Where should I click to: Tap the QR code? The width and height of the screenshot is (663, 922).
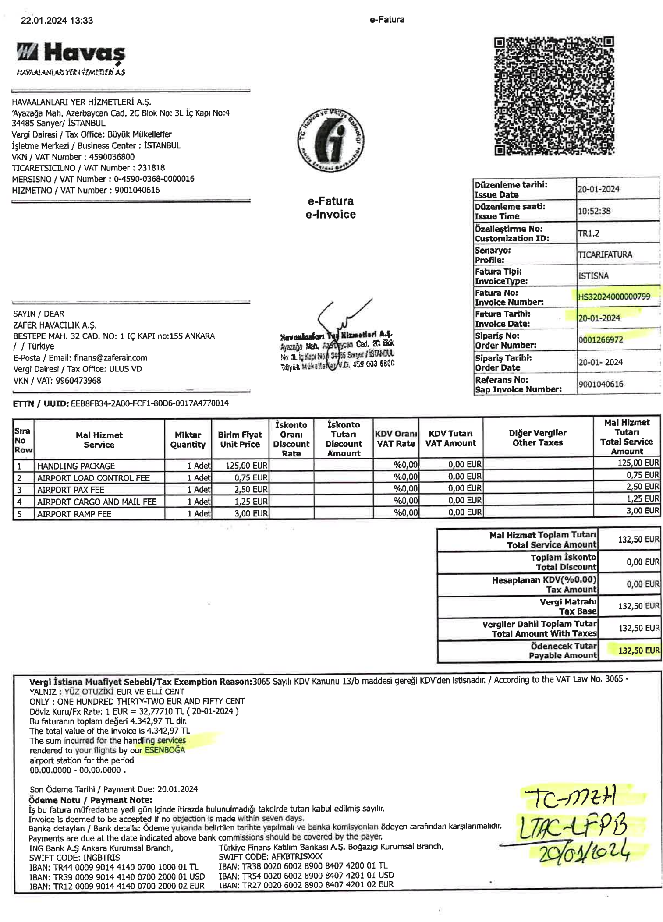tap(554, 96)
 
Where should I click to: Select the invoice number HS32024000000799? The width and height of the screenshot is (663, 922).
tap(613, 297)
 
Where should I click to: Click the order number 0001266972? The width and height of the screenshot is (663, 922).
tap(600, 339)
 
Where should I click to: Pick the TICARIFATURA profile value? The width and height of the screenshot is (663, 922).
tap(605, 254)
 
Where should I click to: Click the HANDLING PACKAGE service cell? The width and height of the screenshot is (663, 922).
tap(76, 466)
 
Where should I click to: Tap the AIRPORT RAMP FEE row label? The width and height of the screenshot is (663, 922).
tap(74, 513)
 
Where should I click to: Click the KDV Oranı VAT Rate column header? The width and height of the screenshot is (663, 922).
tap(396, 438)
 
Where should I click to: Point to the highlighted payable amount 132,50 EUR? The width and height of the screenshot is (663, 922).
tap(638, 650)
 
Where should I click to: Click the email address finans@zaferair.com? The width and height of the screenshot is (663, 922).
tap(110, 357)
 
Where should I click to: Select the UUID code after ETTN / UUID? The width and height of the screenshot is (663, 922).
tap(149, 403)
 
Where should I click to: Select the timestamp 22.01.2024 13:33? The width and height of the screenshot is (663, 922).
tap(57, 20)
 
